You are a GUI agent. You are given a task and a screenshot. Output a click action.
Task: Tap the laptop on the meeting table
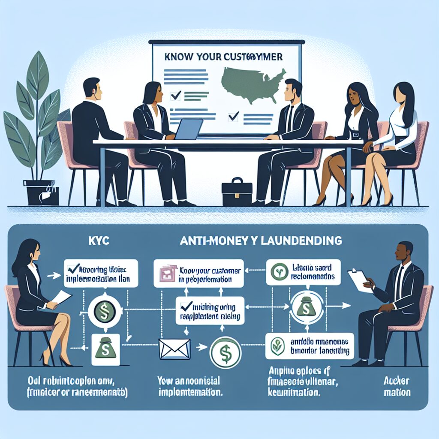tap(187, 129)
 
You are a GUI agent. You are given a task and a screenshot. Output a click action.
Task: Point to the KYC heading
tap(98, 241)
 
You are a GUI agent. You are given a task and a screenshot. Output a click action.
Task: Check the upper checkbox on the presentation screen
tap(175, 96)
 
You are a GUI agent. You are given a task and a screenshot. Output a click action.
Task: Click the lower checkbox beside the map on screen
tap(233, 115)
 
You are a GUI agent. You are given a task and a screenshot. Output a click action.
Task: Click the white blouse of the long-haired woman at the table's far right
tap(399, 129)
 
